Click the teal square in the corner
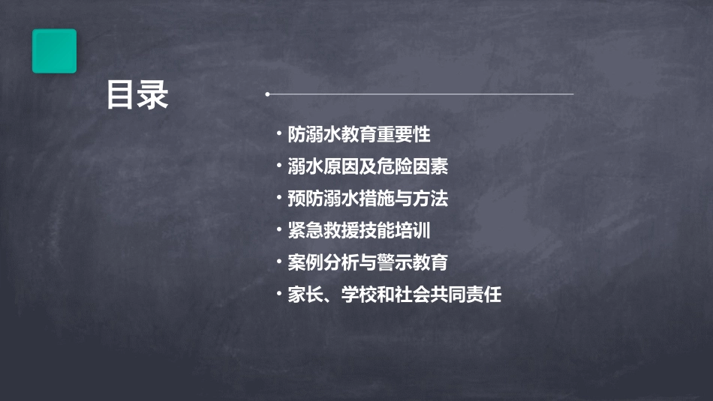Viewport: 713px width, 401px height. [54, 51]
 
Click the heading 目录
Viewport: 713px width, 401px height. [137, 95]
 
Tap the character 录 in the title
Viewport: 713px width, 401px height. [153, 95]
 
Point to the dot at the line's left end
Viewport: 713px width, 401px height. [267, 94]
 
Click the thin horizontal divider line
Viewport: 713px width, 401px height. [420, 94]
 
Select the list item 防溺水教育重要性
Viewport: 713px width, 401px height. [359, 135]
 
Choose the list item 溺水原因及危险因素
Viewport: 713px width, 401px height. [368, 166]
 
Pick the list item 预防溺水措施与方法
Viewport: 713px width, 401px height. [368, 199]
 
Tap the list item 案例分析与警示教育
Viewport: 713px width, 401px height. [368, 263]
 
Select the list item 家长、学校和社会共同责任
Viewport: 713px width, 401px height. [394, 295]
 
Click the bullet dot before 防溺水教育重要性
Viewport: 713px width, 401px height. [279, 135]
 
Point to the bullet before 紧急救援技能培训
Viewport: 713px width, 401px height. [279, 231]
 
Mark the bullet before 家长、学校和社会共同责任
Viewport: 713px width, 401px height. [279, 295]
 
